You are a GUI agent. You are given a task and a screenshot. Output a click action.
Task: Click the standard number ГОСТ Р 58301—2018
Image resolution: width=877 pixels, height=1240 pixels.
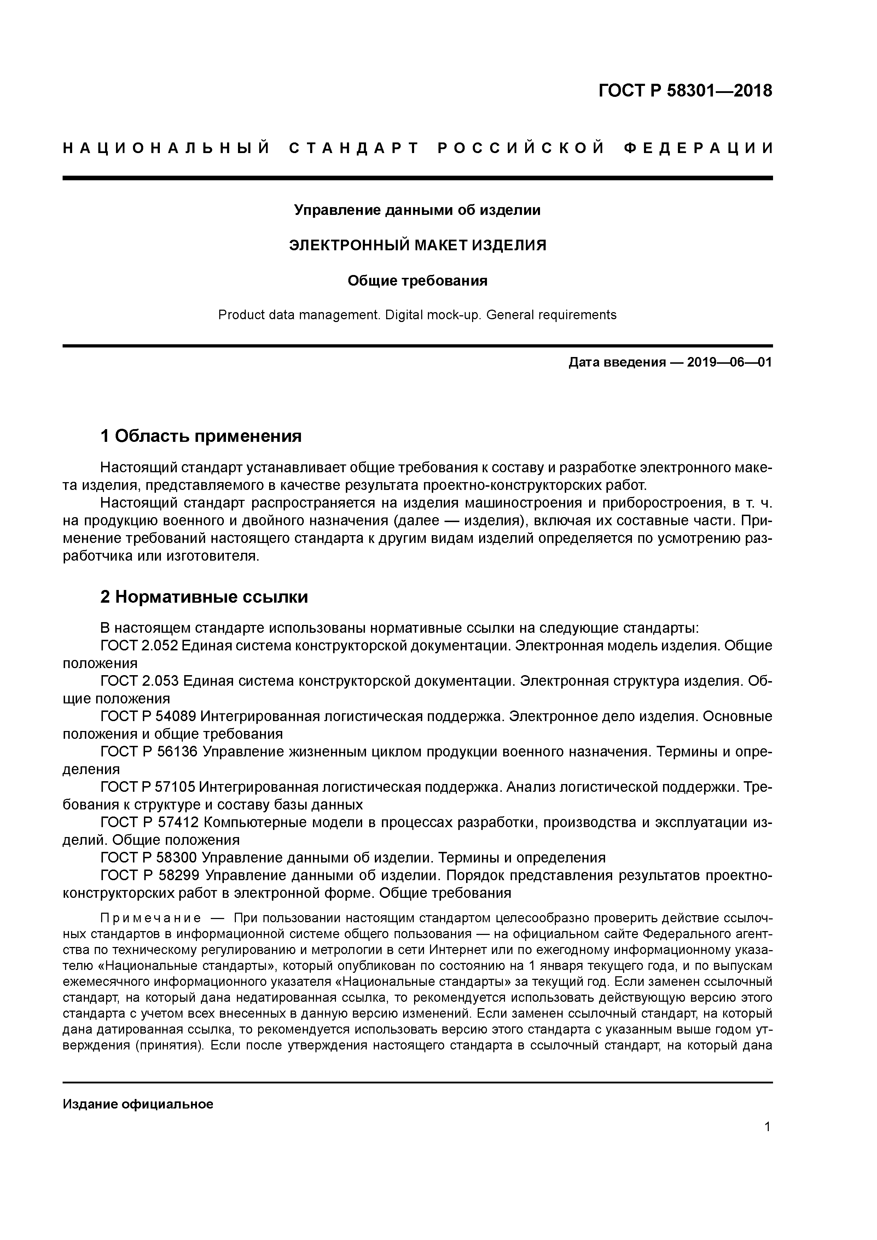point(685,91)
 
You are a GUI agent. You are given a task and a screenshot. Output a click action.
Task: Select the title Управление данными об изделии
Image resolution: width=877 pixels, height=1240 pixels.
point(417,210)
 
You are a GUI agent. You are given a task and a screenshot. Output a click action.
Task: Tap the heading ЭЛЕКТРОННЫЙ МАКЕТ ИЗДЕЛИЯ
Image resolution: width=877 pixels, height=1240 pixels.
point(417,245)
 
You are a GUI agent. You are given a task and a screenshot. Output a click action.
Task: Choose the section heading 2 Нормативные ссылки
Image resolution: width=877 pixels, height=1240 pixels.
point(204,597)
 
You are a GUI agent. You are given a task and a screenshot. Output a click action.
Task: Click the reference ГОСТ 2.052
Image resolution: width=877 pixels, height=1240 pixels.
point(139,646)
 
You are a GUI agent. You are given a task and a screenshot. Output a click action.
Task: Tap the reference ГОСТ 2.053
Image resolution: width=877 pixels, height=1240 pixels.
point(139,681)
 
